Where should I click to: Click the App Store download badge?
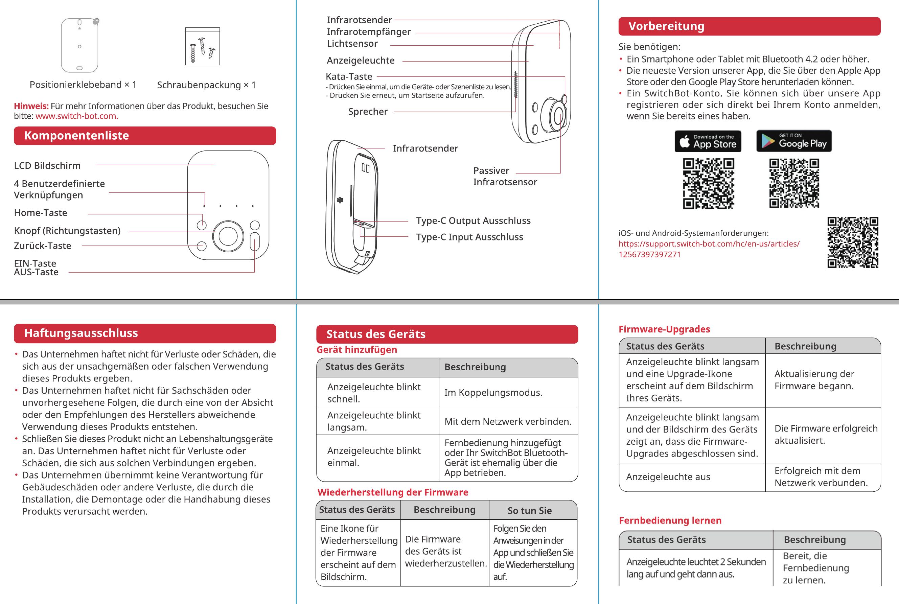point(708,141)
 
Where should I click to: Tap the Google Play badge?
point(794,141)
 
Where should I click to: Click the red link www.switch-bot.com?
point(77,116)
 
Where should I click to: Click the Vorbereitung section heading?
point(666,26)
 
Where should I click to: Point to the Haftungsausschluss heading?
point(81,333)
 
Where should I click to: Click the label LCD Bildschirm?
point(47,166)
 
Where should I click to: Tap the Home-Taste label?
point(41,213)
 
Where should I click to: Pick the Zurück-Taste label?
point(42,246)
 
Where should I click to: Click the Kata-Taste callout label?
point(349,77)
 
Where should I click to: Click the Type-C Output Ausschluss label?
point(473,221)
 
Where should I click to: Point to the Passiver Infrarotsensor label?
point(505,177)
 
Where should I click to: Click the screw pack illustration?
point(202,46)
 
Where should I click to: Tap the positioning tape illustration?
point(80,45)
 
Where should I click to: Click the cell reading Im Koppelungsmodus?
point(493,393)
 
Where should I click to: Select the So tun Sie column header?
point(529,510)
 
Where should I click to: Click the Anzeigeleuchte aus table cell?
point(668,477)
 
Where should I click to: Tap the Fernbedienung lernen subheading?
point(670,520)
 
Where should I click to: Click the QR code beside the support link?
point(852,242)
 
